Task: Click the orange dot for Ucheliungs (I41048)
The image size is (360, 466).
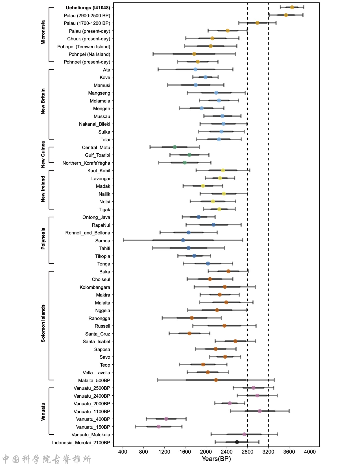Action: click(292, 7)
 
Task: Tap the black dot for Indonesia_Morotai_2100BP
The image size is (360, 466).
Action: click(237, 442)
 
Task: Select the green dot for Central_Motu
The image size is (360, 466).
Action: click(175, 147)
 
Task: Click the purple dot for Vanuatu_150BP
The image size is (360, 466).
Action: click(159, 426)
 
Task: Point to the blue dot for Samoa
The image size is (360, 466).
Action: click(183, 240)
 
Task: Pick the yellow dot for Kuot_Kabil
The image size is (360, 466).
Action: click(223, 170)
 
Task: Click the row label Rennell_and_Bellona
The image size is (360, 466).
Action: click(88, 233)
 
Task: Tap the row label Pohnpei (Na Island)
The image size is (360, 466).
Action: click(90, 54)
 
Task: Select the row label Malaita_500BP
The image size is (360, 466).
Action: click(94, 380)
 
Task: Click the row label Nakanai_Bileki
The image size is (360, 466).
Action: click(95, 124)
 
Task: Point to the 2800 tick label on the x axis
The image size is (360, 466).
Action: click(248, 452)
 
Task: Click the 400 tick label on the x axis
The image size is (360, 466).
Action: click(123, 452)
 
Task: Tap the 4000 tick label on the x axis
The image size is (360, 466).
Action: click(310, 452)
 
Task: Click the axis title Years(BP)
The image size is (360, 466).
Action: click(216, 459)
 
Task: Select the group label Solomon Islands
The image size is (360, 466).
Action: click(43, 323)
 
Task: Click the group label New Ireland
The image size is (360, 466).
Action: click(43, 189)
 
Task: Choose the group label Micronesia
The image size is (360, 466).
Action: click(43, 32)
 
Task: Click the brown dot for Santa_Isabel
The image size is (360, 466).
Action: click(235, 341)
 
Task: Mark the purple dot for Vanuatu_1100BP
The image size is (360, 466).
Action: click(260, 411)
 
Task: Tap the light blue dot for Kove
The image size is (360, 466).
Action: click(206, 77)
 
